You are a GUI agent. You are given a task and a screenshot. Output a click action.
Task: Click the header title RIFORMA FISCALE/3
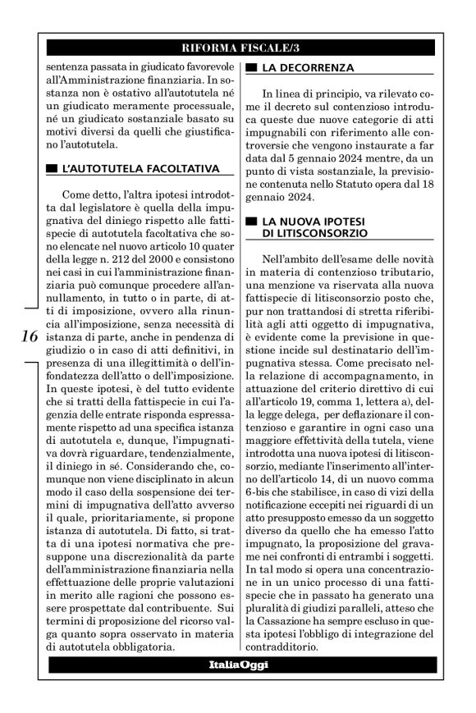pyautogui.click(x=237, y=48)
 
